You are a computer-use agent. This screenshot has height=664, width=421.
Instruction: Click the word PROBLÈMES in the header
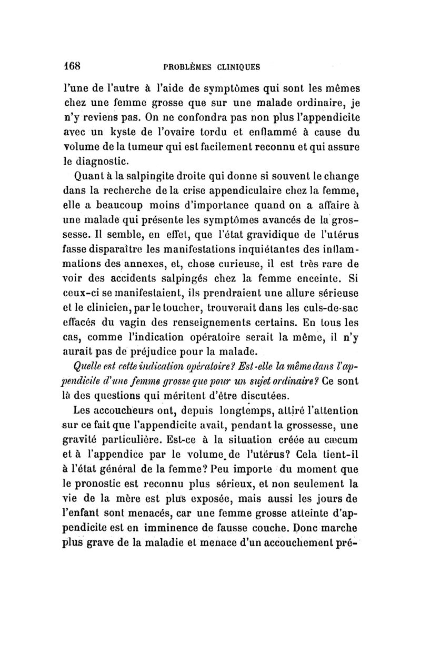click(189, 67)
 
